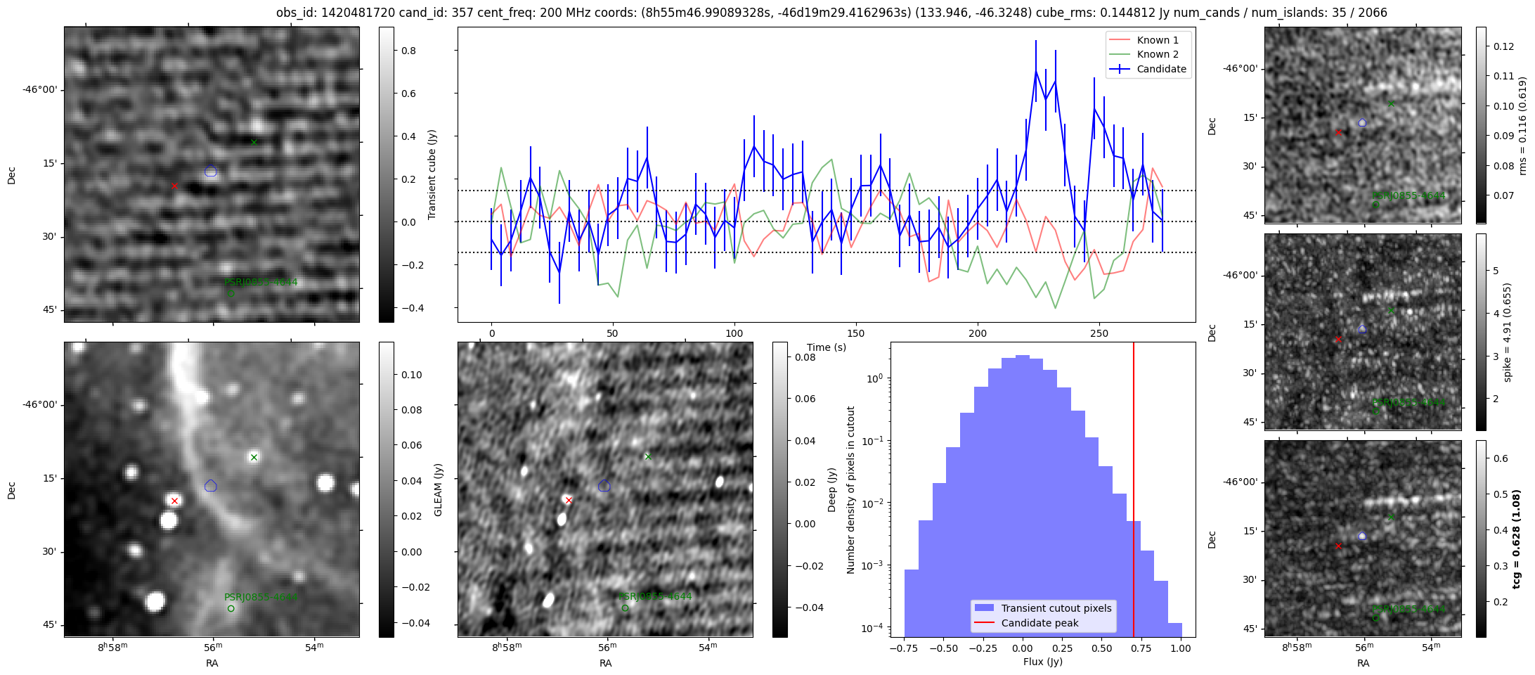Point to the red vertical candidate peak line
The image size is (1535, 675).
coord(1134,492)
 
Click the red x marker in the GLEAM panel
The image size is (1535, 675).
coord(174,501)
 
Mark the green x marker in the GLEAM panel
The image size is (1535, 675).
coord(254,458)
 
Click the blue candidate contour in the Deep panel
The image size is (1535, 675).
coord(604,486)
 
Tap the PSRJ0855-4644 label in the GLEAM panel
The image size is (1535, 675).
coord(261,597)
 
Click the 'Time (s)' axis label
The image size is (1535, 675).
coord(827,347)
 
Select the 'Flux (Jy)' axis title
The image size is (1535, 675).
coord(1043,662)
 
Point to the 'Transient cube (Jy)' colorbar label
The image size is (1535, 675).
coord(432,174)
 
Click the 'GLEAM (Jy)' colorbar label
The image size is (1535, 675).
coord(438,489)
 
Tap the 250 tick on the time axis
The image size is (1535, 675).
coord(1099,333)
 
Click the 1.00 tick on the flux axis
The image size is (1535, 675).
coord(1181,648)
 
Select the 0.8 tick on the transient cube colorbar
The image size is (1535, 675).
coord(408,51)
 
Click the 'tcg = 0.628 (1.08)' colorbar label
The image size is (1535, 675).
coord(1517,539)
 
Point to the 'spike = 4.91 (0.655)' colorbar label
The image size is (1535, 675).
coord(1508,332)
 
